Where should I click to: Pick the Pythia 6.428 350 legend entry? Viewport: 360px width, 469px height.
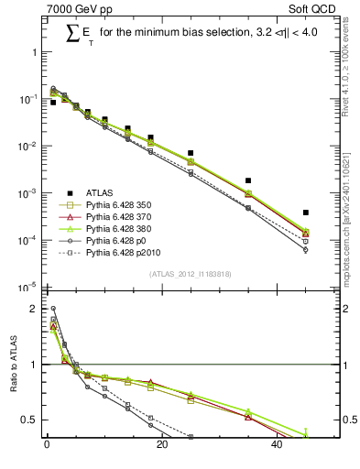click(122, 206)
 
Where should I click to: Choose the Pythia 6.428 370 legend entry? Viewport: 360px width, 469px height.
click(122, 220)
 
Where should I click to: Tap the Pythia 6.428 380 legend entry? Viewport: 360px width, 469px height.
click(122, 234)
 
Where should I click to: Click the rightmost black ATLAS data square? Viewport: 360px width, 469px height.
click(306, 213)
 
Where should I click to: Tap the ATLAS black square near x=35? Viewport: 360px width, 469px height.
click(248, 180)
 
